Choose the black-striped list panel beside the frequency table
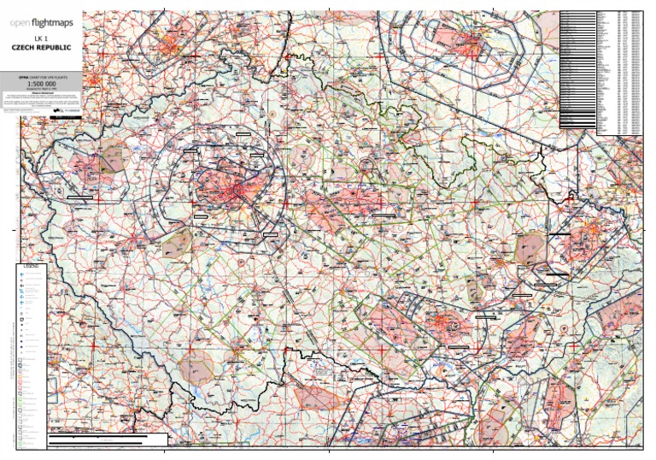[577, 68]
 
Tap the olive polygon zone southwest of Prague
[177, 244]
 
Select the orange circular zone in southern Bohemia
[197, 365]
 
